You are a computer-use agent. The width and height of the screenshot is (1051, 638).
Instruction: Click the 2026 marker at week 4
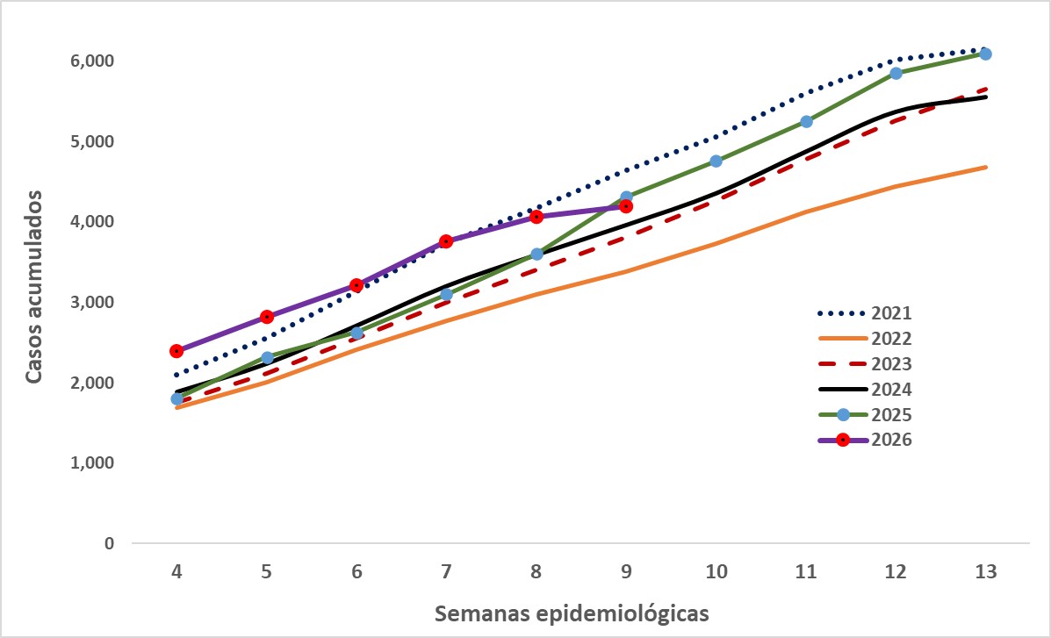pyautogui.click(x=176, y=351)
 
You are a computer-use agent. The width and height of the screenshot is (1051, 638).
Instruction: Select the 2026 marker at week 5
pyautogui.click(x=267, y=317)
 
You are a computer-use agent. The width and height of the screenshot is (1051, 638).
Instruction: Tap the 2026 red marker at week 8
pyautogui.click(x=536, y=216)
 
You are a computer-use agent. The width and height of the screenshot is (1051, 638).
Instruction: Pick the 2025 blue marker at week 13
pyautogui.click(x=985, y=54)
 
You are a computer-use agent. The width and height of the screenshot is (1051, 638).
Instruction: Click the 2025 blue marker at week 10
pyautogui.click(x=716, y=161)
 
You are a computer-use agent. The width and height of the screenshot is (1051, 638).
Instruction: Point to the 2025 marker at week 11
pyautogui.click(x=806, y=121)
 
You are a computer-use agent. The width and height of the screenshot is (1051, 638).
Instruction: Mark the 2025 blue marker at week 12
pyautogui.click(x=896, y=73)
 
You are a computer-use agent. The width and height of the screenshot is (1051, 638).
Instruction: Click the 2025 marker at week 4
pyautogui.click(x=176, y=398)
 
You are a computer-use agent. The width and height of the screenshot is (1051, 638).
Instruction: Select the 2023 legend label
pyautogui.click(x=893, y=363)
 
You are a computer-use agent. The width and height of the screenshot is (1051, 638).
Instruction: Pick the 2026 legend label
pyautogui.click(x=893, y=440)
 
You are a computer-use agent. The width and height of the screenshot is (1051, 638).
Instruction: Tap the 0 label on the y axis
pyautogui.click(x=110, y=543)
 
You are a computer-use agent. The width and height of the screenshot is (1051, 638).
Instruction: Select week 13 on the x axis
pyautogui.click(x=985, y=571)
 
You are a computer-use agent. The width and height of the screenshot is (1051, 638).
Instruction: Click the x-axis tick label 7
pyautogui.click(x=446, y=571)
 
